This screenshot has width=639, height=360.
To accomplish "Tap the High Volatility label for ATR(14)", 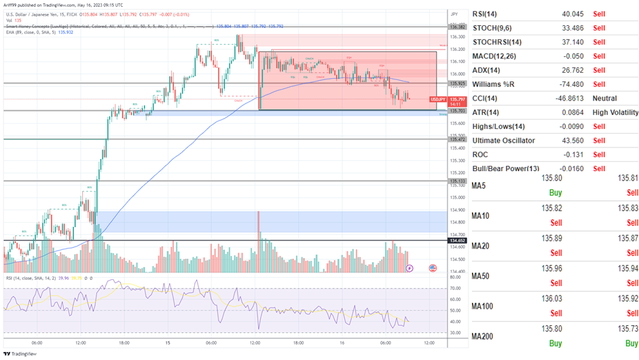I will [615, 112].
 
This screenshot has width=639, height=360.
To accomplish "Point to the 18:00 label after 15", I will [299, 342].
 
